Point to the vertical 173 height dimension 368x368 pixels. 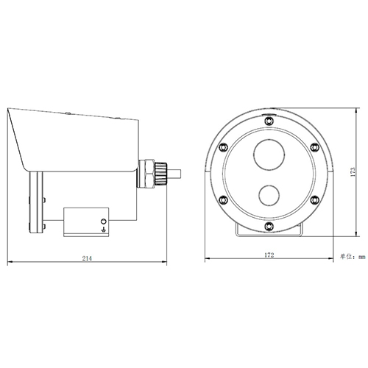(353, 173)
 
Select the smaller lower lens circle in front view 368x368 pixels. (269, 196)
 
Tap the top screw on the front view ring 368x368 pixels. (269, 118)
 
